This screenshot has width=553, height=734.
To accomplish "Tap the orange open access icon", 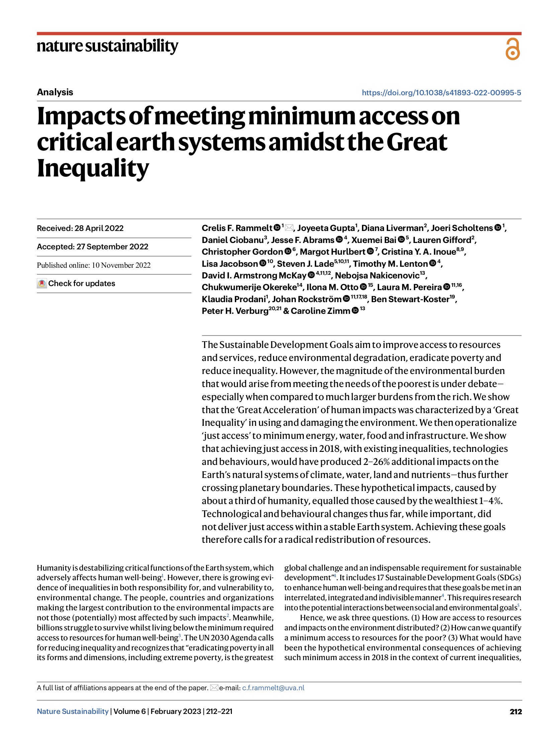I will click(x=512, y=49).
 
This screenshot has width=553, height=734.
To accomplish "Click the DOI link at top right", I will click(x=441, y=93).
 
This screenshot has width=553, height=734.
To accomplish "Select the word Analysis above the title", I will click(x=55, y=92).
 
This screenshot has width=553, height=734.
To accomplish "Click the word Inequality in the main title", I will click(x=93, y=168).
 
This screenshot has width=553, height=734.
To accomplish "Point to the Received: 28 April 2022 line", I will click(x=80, y=228).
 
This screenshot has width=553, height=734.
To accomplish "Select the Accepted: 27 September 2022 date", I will click(x=92, y=247).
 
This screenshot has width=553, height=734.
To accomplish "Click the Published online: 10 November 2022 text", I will click(x=94, y=265).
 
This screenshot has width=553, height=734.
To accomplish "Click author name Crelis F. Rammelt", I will click(x=237, y=228).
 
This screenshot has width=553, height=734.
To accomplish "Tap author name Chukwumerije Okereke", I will click(x=249, y=287).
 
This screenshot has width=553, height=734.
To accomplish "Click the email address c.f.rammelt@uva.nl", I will click(x=273, y=688).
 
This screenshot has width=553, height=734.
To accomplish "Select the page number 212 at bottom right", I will click(x=515, y=712).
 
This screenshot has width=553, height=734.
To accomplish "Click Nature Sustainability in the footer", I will click(x=73, y=711).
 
